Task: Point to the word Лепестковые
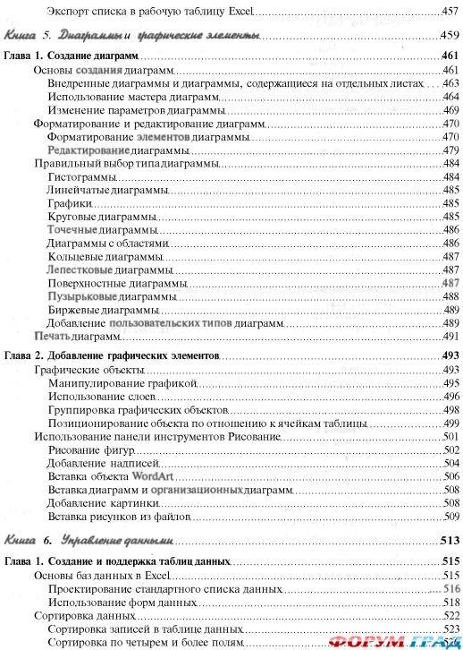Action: (80, 269)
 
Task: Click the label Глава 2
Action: (22, 356)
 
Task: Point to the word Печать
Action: (52, 337)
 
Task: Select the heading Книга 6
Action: (29, 541)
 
